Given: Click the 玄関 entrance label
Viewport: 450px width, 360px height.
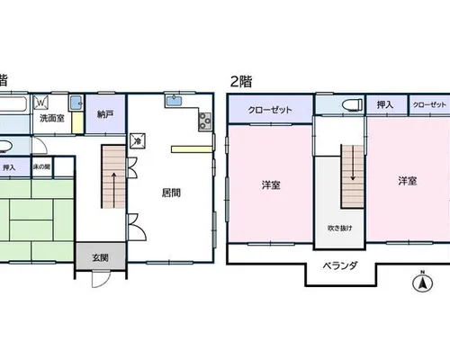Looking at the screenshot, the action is tap(100, 257).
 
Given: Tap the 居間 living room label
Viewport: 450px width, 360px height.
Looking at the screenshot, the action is tap(171, 193).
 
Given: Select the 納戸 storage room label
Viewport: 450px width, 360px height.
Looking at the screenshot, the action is tap(105, 114).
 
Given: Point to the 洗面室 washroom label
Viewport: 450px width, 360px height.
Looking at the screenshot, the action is tap(52, 118).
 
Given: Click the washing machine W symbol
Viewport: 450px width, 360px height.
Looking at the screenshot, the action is tap(41, 103).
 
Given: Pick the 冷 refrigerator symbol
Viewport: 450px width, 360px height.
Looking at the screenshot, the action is tap(138, 141).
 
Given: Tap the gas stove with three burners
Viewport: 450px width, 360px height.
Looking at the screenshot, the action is tap(205, 121).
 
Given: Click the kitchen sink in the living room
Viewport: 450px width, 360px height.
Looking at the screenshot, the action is tap(174, 101).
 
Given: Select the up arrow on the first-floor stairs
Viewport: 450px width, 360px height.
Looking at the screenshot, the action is tap(113, 190).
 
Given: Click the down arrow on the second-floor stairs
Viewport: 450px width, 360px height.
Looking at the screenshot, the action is tap(353, 163).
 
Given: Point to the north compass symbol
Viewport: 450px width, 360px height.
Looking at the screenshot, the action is tap(423, 282).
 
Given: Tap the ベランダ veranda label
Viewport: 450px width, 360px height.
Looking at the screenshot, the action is tap(340, 265).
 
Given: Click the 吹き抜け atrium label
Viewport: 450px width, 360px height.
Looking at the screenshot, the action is tap(340, 229).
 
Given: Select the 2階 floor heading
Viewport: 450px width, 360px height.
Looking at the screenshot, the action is tap(241, 81).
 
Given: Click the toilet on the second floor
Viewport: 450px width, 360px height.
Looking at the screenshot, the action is tap(352, 105).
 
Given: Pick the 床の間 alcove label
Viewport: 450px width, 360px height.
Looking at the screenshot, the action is tap(41, 166).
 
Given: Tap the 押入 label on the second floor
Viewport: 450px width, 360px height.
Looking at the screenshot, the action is tap(385, 104).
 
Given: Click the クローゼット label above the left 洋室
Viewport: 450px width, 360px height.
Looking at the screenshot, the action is tap(270, 110).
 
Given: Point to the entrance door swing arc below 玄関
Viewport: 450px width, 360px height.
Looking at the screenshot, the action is tap(101, 281).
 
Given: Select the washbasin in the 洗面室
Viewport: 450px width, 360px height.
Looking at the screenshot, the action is tap(76, 103).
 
